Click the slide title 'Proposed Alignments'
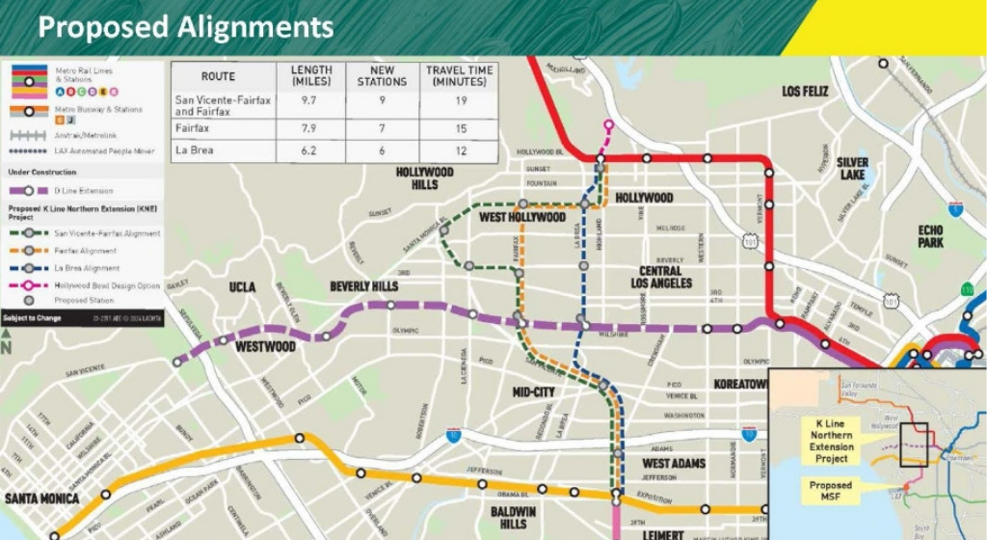click(186, 26)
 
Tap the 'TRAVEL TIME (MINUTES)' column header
click(460, 76)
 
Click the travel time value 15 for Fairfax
click(460, 128)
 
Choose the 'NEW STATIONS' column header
click(382, 76)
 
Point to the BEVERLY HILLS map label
click(363, 287)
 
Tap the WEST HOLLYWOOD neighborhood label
click(521, 218)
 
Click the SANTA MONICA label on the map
click(41, 499)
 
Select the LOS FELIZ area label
click(805, 92)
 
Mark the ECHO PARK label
click(930, 236)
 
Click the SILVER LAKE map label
click(852, 169)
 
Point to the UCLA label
click(241, 288)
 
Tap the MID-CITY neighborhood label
click(533, 392)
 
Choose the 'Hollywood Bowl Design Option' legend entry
click(107, 284)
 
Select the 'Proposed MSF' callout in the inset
click(830, 491)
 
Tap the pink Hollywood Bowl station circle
click(608, 125)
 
